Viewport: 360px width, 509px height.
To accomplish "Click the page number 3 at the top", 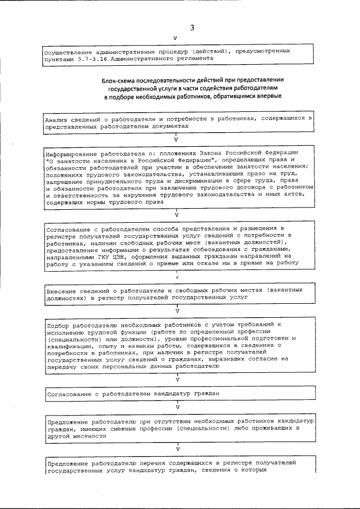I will coord(191,28).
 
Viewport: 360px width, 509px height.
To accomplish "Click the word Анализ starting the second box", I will coord(58,120).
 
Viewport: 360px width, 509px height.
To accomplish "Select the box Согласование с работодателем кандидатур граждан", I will coord(133,393).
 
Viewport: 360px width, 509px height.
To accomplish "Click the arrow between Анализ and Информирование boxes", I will coord(176,138).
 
